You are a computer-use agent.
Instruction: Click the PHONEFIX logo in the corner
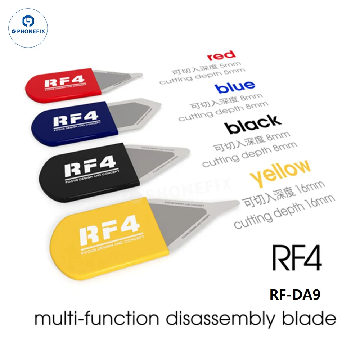28,28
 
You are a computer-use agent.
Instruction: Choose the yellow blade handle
108,234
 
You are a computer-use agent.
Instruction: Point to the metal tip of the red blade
139,75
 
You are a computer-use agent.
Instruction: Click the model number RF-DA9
294,294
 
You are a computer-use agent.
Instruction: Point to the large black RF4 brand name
297,258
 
